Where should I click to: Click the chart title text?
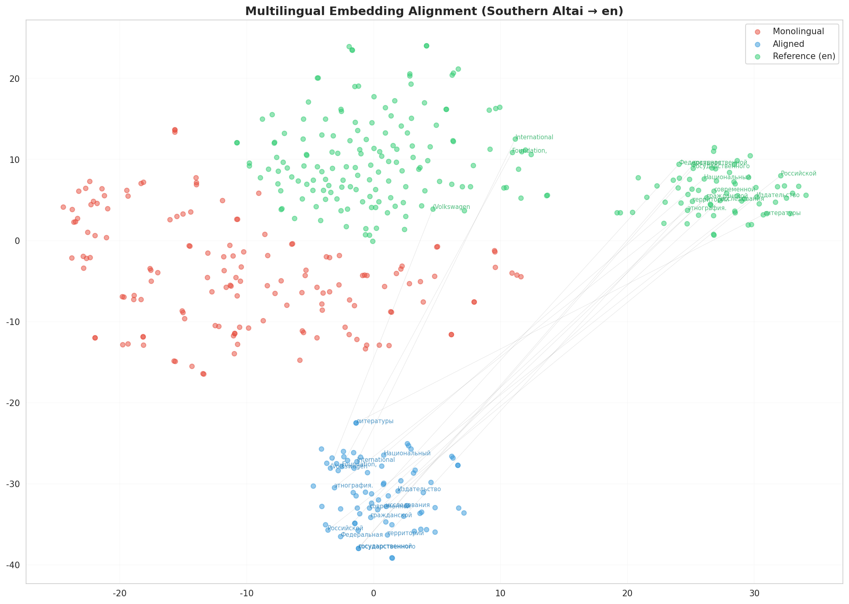click(434, 11)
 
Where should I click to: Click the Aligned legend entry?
click(788, 44)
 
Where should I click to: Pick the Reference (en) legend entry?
click(804, 56)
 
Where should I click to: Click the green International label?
click(534, 137)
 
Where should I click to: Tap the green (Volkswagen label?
click(452, 207)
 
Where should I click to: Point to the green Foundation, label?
click(529, 151)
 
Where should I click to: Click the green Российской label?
click(799, 174)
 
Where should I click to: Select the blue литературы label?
click(375, 421)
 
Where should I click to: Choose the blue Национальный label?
click(407, 453)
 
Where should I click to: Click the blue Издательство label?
click(419, 489)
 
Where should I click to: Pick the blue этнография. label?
click(353, 485)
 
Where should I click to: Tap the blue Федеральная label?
click(362, 535)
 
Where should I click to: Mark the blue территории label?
click(406, 533)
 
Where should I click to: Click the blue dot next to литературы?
click(356, 423)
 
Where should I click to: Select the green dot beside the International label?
click(515, 139)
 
